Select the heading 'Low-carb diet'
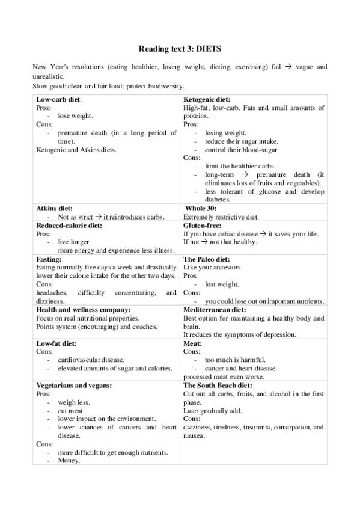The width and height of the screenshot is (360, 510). pyautogui.click(x=58, y=99)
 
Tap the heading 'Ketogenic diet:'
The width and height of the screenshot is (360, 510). pyautogui.click(x=207, y=99)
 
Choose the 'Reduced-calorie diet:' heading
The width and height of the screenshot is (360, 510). pyautogui.click(x=69, y=225)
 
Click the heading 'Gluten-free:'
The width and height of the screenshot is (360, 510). pyautogui.click(x=203, y=225)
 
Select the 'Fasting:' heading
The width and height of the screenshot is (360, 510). pyautogui.click(x=49, y=259)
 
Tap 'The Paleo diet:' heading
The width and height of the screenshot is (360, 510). pyautogui.click(x=206, y=259)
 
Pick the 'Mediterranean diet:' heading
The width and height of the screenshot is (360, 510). pyautogui.click(x=213, y=309)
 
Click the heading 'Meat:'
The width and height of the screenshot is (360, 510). pyautogui.click(x=193, y=343)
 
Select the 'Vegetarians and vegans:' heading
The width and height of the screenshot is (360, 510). pyautogui.click(x=74, y=385)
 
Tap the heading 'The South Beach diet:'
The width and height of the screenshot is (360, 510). pyautogui.click(x=218, y=385)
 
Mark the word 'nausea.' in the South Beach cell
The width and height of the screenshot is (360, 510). pyautogui.click(x=194, y=435)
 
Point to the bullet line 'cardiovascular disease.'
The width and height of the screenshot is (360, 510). pyautogui.click(x=91, y=360)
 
